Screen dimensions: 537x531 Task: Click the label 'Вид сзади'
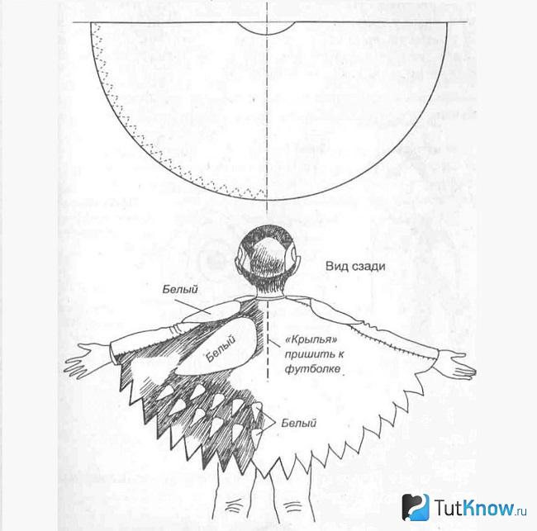pos(355,267)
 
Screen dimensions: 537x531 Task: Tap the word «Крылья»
pos(311,339)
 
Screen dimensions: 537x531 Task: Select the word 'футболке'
pos(312,368)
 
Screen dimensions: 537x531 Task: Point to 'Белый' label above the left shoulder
pos(180,290)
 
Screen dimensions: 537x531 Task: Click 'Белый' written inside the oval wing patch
pos(221,348)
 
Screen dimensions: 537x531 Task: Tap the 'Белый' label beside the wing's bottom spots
pos(298,423)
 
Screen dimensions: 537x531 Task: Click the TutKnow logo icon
pos(416,507)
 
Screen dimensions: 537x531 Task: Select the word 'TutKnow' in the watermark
pos(475,508)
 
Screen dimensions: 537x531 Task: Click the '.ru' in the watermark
pos(521,511)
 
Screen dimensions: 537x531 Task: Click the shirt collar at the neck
pos(268,297)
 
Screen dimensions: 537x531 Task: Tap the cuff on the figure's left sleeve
pos(176,329)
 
